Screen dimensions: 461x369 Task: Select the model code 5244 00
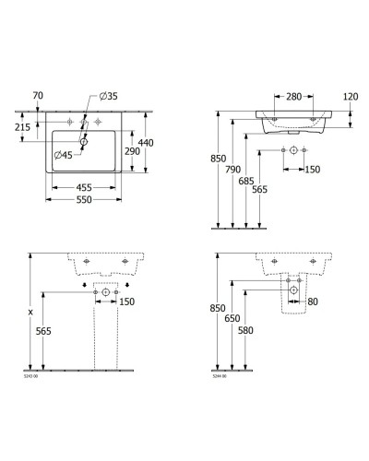coord(219,376)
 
